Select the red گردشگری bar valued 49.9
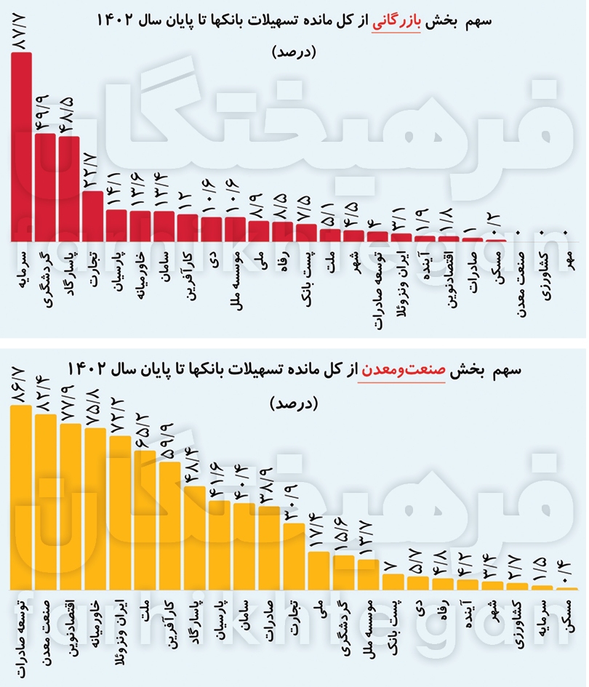pyautogui.click(x=45, y=187)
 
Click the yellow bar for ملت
pyautogui.click(x=145, y=520)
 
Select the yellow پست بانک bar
pyautogui.click(x=393, y=582)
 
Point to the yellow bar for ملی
pyautogui.click(x=318, y=571)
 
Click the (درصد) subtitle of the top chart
pyautogui.click(x=294, y=52)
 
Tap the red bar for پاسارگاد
pyautogui.click(x=69, y=189)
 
